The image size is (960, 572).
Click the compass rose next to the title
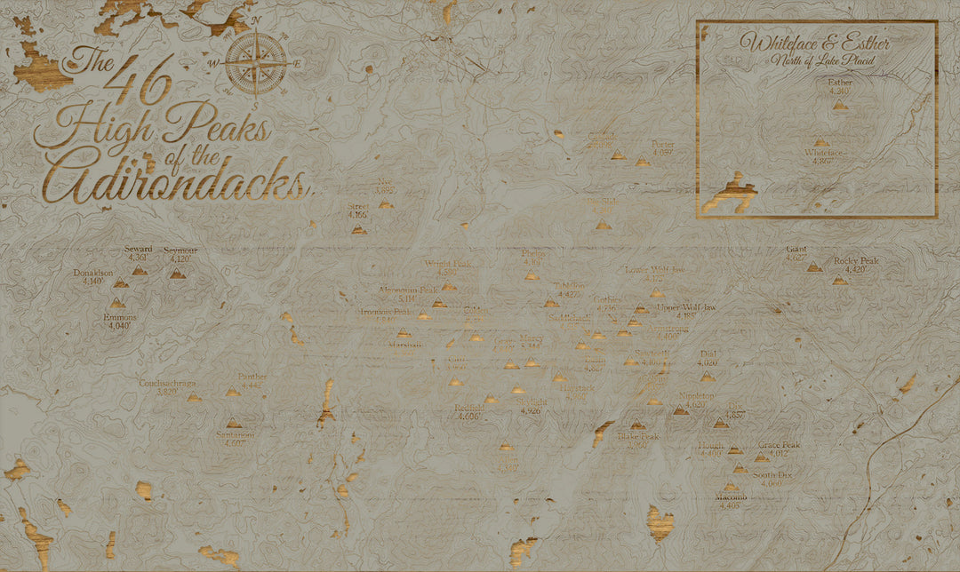[x=256, y=62]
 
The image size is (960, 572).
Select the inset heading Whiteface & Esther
[x=815, y=42]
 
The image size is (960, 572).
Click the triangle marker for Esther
[x=840, y=105]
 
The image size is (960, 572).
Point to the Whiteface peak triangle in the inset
[x=821, y=142]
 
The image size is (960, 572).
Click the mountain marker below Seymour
[x=178, y=274]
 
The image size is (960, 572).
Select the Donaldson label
[x=93, y=274]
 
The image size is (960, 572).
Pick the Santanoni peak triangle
[x=233, y=423]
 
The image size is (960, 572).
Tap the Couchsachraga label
[x=167, y=384]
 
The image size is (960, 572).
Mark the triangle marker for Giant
[x=814, y=266]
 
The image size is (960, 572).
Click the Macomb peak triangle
[x=731, y=487]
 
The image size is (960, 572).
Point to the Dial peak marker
[x=708, y=377]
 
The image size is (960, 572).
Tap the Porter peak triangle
[x=642, y=163]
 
